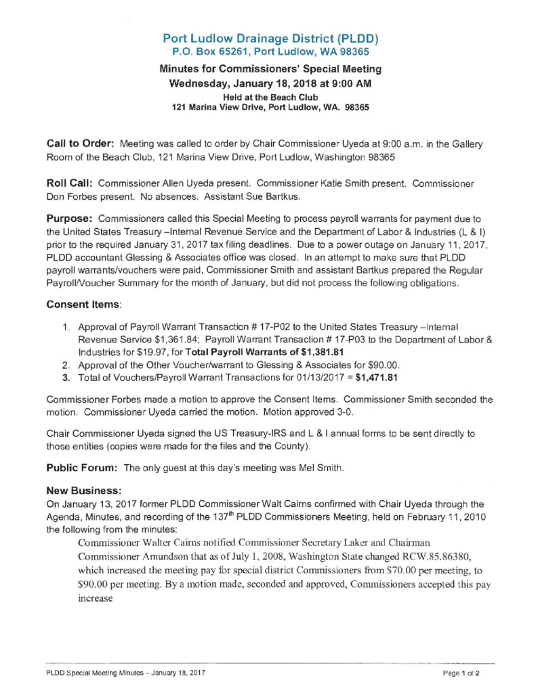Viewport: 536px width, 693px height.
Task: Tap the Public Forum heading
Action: coord(83,468)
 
